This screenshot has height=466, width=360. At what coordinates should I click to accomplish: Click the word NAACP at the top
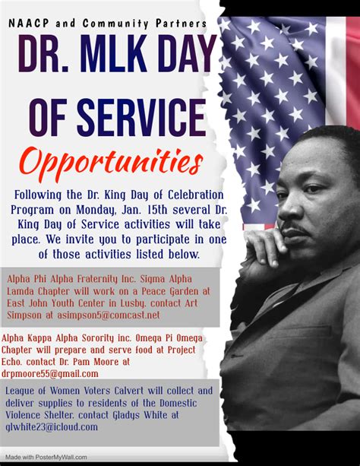[x=29, y=23]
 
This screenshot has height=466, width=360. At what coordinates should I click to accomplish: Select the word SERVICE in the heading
[x=141, y=118]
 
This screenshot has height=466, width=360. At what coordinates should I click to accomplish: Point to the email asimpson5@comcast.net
[x=109, y=315]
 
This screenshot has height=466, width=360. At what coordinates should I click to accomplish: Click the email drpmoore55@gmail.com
[x=50, y=373]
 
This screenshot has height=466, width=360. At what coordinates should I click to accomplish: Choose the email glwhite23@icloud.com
[x=52, y=427]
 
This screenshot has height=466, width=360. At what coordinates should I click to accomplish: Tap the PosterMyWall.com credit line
[x=46, y=457]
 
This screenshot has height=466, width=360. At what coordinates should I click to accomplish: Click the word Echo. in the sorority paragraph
[x=11, y=362]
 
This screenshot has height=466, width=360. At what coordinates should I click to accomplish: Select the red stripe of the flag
[x=353, y=73]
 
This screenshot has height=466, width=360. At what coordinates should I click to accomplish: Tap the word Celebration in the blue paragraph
[x=196, y=195]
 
